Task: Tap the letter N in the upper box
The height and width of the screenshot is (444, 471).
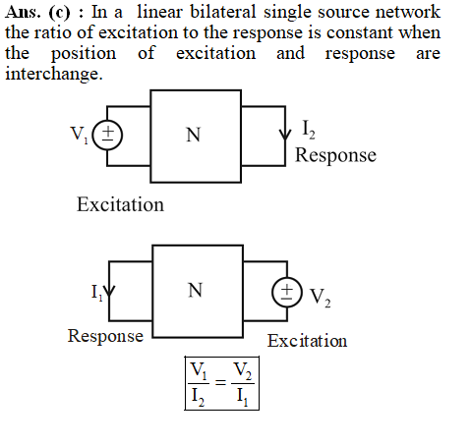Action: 194,135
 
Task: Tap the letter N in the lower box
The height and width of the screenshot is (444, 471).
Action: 196,291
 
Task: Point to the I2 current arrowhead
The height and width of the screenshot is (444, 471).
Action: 285,135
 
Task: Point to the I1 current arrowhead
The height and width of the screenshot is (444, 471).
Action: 109,291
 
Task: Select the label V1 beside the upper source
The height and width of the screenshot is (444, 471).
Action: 80,135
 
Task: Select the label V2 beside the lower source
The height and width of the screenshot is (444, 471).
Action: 321,298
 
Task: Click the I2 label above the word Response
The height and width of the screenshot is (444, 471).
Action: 309,130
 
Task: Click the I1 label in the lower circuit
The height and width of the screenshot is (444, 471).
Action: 96,292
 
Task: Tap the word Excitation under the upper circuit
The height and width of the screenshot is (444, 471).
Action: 120,204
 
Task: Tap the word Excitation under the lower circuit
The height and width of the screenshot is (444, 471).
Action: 307,341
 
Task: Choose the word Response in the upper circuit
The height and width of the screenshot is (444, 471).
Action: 335,155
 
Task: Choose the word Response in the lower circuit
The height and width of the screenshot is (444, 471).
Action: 105,336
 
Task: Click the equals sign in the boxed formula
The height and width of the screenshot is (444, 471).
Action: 220,382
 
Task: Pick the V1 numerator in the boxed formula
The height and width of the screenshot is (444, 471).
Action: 199,371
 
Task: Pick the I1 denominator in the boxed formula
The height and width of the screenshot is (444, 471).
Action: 243,398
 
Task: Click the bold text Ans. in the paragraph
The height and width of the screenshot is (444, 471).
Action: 23,13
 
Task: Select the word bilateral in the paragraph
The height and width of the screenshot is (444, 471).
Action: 223,12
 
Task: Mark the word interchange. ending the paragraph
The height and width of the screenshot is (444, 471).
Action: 54,74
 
